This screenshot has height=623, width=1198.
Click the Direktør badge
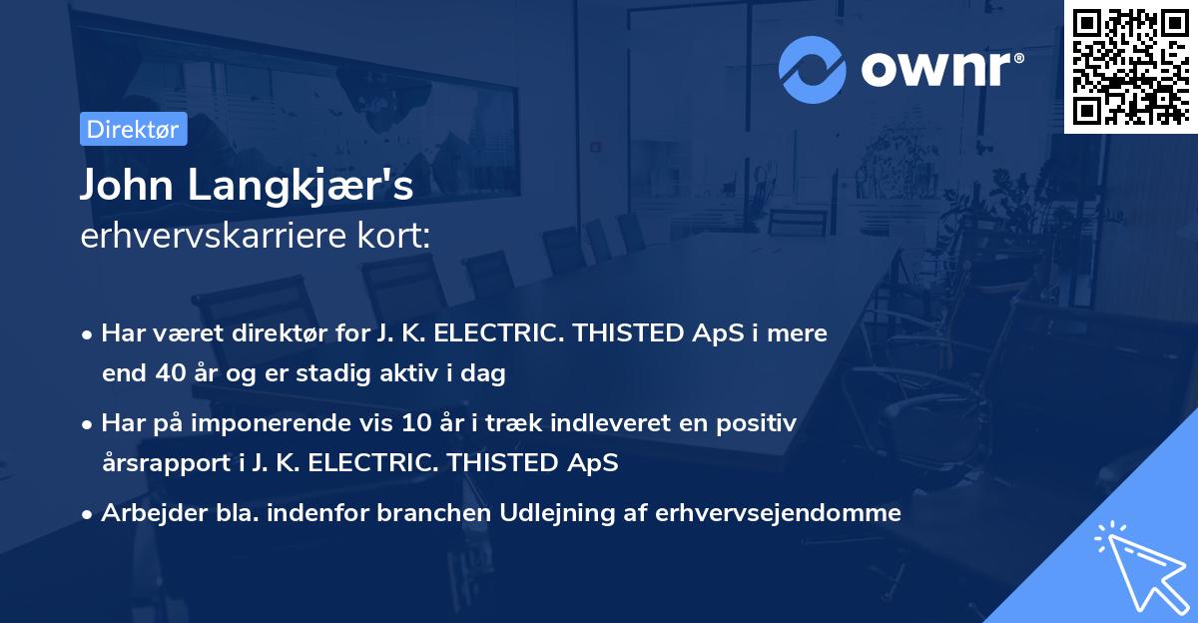[133, 129]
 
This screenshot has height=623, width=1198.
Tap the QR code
[1129, 67]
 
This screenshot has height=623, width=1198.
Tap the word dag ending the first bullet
[486, 374]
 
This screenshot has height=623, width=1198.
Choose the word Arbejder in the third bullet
[146, 513]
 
